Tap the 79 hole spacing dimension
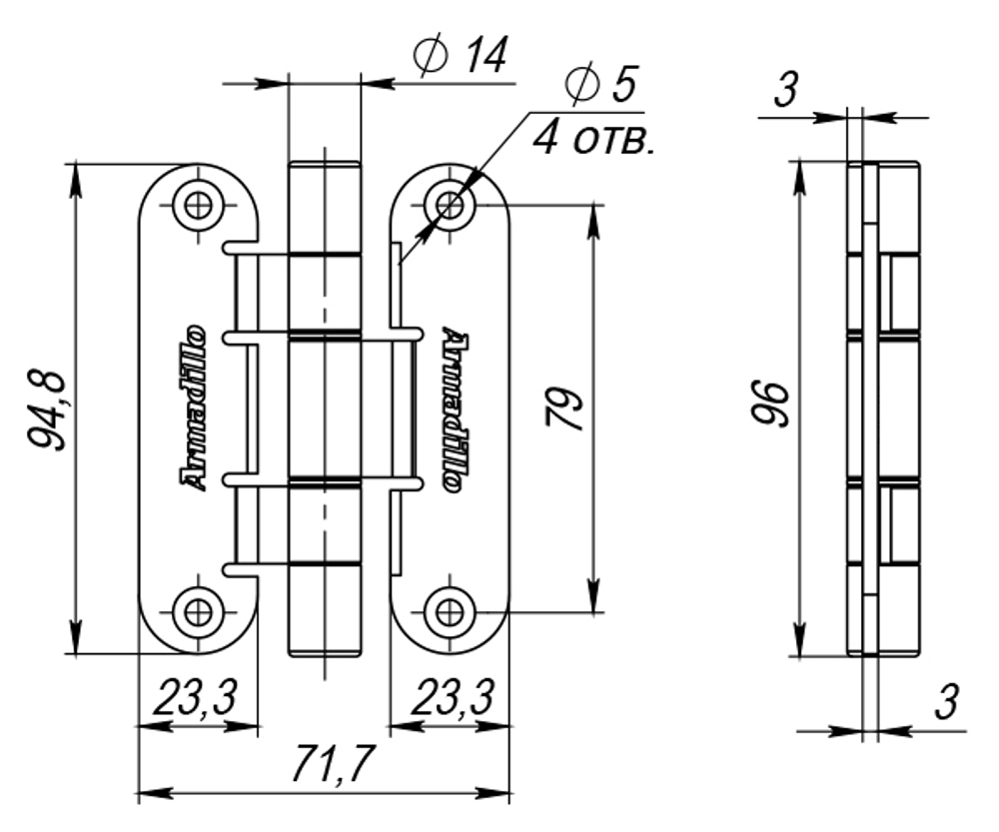566,408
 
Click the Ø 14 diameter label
461,57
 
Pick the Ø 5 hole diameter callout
598,87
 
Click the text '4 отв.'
593,138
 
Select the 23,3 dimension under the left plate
195,700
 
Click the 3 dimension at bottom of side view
946,704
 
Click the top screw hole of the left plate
198,205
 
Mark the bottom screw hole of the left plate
198,609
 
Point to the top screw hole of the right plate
450,205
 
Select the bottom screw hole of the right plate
450,609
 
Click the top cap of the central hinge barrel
323,167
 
